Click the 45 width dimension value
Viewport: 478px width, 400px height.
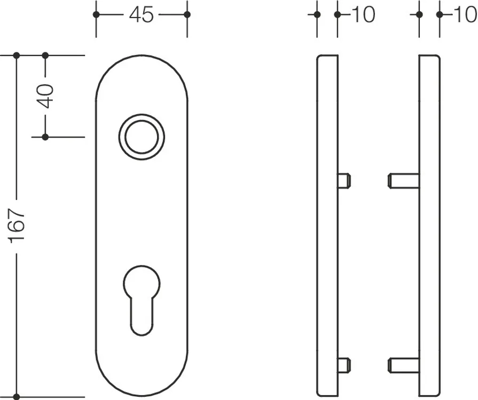(x=141, y=14)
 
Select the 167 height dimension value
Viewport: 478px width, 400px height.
(x=17, y=226)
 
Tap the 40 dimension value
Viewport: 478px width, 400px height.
(x=45, y=96)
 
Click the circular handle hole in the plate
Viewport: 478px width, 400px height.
(x=142, y=137)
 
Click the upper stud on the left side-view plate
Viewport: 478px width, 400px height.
(x=344, y=180)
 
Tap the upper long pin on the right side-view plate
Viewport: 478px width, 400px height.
(x=403, y=180)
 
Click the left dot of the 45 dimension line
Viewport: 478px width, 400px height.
(x=96, y=14)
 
